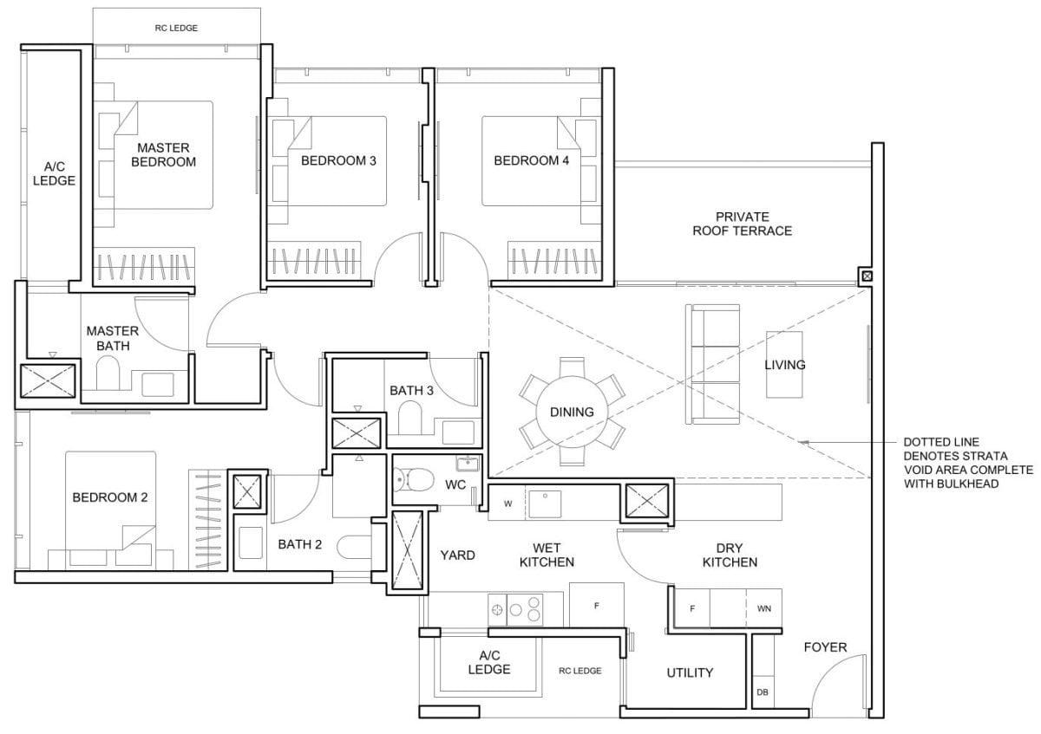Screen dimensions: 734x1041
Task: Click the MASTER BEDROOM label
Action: tap(162, 154)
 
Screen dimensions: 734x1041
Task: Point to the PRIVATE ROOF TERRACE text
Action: tap(742, 224)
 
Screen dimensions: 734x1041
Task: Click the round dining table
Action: tap(572, 412)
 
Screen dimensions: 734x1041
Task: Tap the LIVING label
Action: tap(784, 365)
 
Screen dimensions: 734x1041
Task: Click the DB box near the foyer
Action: tap(763, 692)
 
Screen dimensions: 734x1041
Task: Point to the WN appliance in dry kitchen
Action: tap(764, 608)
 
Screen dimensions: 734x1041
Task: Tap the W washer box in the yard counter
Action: tap(507, 503)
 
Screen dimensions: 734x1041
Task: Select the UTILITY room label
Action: tap(690, 672)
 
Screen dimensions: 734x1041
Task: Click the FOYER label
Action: tap(825, 647)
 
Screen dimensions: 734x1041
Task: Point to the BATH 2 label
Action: tap(300, 545)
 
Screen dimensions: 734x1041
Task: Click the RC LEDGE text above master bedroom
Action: tap(176, 29)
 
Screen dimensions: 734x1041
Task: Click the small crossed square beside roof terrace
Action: tap(865, 276)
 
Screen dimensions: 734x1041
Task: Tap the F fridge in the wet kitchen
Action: tap(596, 606)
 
